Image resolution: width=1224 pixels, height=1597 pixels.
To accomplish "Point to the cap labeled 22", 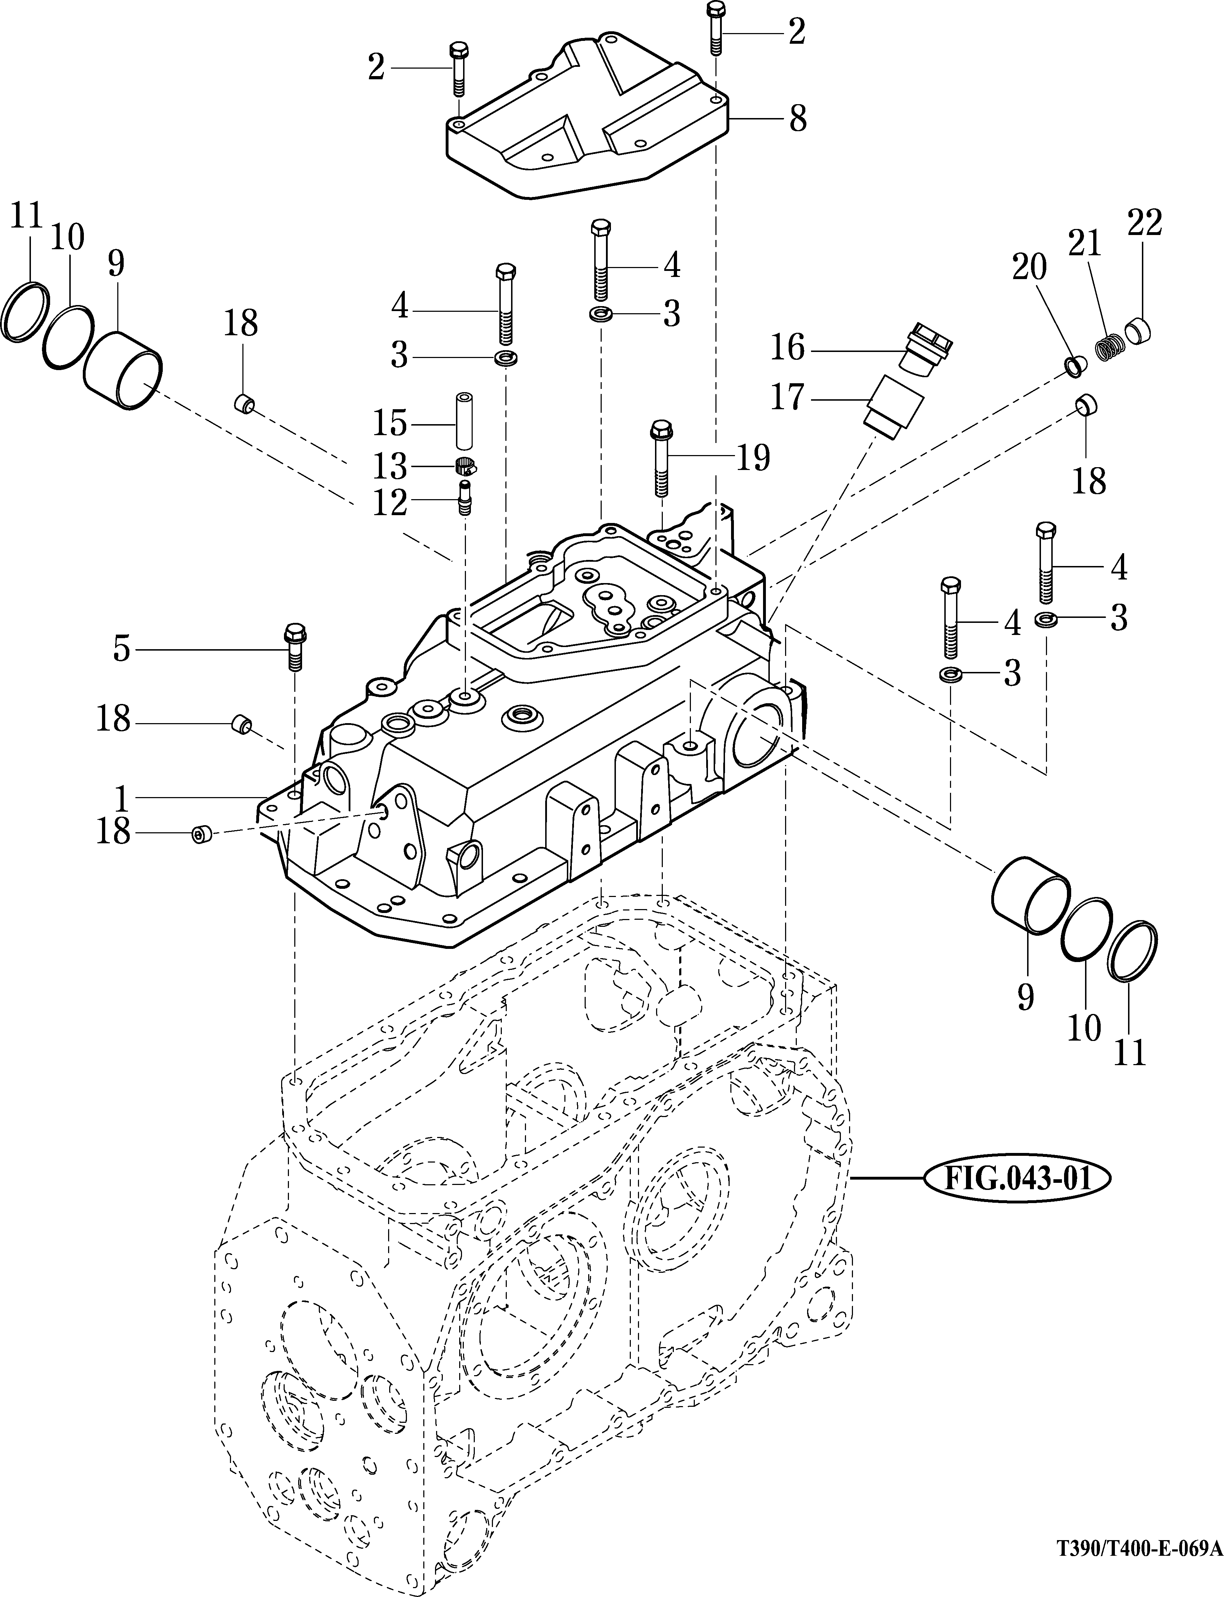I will pyautogui.click(x=1139, y=332).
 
